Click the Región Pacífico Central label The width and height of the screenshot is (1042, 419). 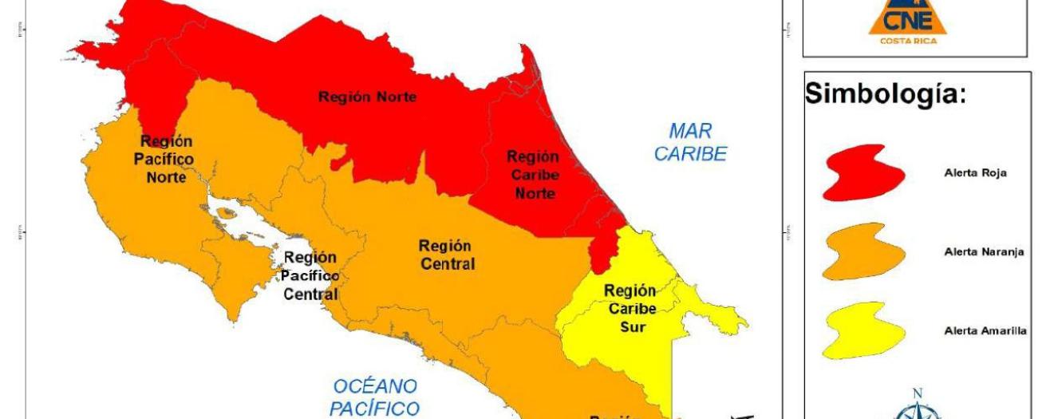[x=310, y=276]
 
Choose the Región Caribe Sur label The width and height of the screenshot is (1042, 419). [x=630, y=308]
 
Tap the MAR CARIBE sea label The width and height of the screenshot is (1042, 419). [x=690, y=142]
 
